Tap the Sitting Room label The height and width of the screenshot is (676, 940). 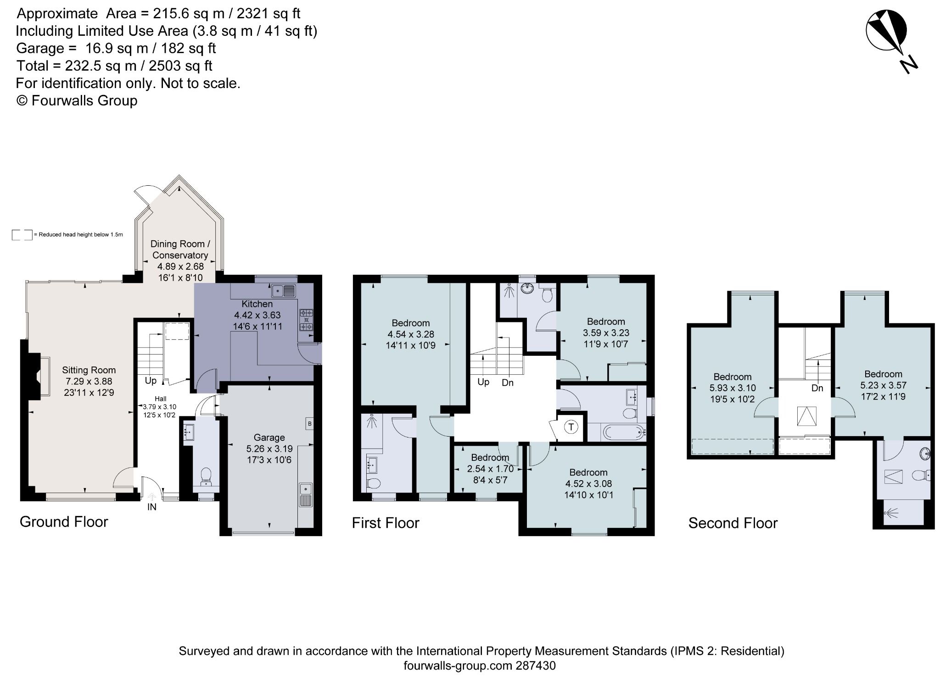point(89,370)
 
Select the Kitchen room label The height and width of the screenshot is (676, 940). point(257,304)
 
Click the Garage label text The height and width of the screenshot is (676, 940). point(269,438)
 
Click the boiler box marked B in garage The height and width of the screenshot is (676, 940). point(309,424)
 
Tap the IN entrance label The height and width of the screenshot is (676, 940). point(151,507)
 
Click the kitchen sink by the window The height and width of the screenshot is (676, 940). point(284,290)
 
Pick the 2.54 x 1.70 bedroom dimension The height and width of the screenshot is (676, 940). point(490,469)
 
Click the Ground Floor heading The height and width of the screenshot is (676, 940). point(64,522)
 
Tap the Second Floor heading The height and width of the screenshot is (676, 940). point(733,523)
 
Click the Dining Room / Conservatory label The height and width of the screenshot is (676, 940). point(180,249)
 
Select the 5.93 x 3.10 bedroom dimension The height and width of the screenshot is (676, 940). point(733,388)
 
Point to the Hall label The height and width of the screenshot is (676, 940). point(160,399)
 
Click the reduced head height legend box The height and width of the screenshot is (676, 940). point(22,235)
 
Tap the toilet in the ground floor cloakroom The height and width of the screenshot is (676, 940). point(206,476)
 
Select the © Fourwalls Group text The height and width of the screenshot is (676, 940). point(77,100)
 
